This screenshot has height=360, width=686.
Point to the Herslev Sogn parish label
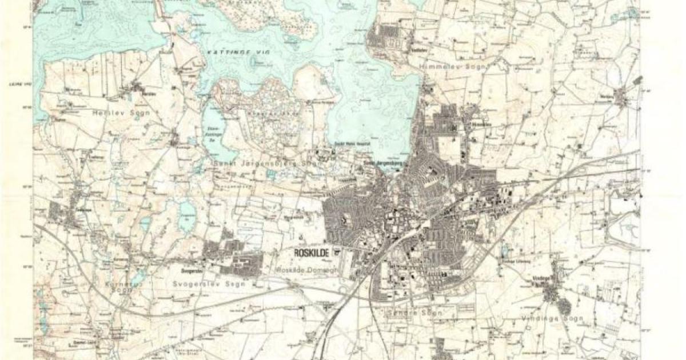coord(120,113)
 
